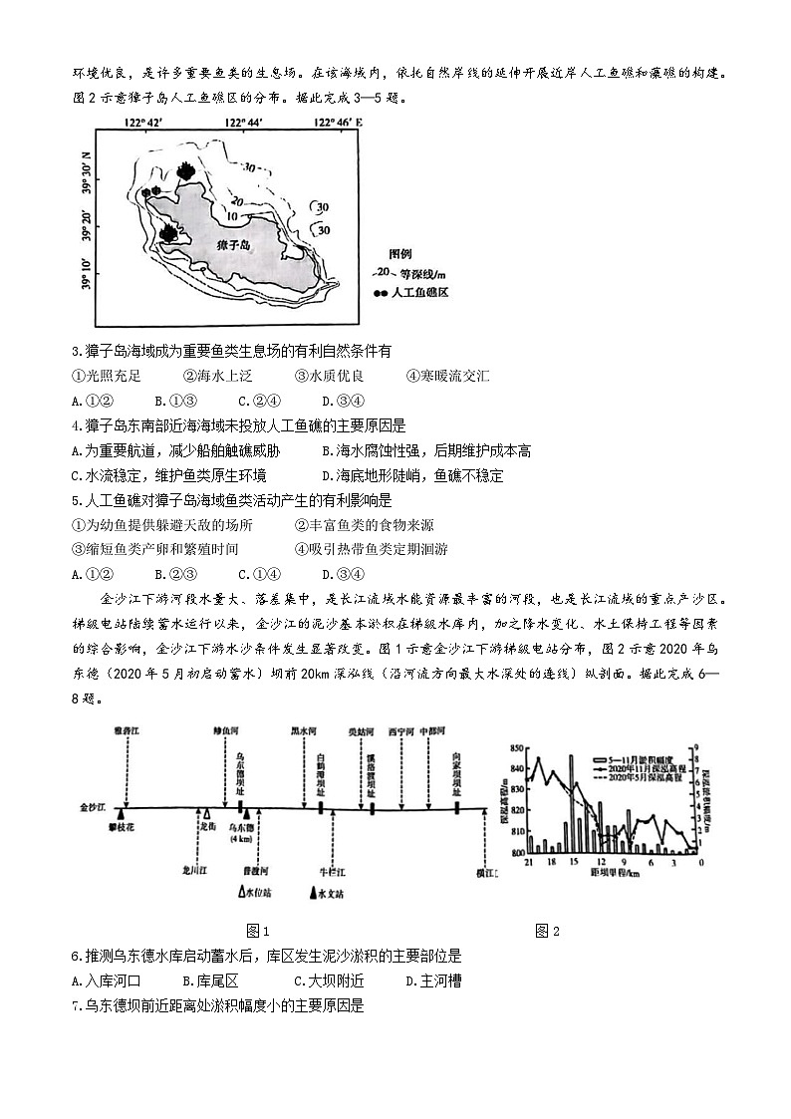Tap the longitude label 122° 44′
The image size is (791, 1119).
(x=243, y=122)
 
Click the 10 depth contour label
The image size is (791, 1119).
(x=230, y=215)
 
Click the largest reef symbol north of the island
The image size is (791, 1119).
(x=184, y=171)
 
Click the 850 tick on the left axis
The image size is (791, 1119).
(x=515, y=748)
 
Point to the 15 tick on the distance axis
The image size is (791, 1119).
(x=573, y=860)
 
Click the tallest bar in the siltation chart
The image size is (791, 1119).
(x=572, y=803)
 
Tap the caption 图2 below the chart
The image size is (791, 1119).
(x=547, y=931)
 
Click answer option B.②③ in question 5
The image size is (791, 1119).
(x=175, y=573)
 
